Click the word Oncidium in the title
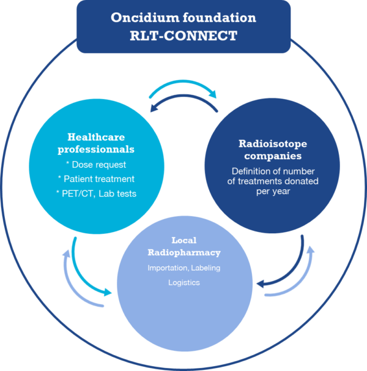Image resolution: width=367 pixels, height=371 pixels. pos(145,18)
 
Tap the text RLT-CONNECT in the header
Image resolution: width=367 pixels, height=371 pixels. pos(183,36)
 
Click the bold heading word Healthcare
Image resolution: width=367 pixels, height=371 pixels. pos(96,137)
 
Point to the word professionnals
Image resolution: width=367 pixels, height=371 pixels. pos(96,149)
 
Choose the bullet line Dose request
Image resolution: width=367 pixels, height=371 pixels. pos(96,165)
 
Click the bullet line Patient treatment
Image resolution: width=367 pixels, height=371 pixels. pos(96,179)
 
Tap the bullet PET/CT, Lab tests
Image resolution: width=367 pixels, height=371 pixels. pos(96,193)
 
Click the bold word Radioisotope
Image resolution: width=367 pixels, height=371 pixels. pos(273,144)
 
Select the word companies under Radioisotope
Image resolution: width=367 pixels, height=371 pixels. pos(273,156)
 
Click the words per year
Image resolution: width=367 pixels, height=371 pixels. pos(273,191)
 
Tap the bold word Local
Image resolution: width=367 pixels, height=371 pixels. pos(184,240)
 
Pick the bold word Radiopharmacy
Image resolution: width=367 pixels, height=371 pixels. pos(184,253)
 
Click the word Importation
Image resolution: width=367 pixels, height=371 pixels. pos(168,268)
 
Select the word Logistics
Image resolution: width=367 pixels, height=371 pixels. pos(184,282)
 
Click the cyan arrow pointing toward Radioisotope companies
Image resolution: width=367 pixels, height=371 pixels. pos(183,82)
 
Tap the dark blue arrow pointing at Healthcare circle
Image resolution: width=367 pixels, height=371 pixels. pos(183,96)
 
